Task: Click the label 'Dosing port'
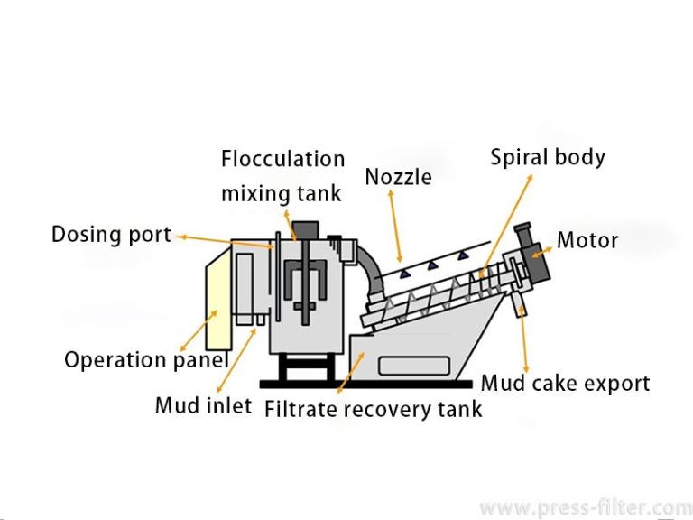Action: click(x=111, y=235)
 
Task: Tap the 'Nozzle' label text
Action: click(x=398, y=177)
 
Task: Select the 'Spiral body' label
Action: click(x=547, y=157)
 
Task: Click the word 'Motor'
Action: click(x=587, y=240)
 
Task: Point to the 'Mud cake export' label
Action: click(x=565, y=383)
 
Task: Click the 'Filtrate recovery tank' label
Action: click(x=373, y=409)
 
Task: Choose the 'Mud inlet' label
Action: click(x=203, y=406)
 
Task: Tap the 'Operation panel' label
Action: click(x=145, y=360)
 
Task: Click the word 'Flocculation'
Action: click(x=282, y=159)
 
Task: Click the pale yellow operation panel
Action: click(x=217, y=302)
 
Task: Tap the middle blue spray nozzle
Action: click(x=434, y=265)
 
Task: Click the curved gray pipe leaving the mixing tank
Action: click(x=365, y=262)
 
